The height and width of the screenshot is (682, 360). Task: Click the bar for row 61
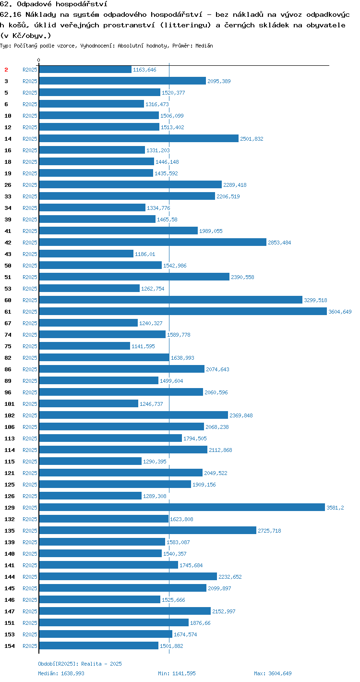(x=183, y=311)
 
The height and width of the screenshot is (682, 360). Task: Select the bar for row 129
(x=182, y=507)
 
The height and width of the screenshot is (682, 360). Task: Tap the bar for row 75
(x=84, y=346)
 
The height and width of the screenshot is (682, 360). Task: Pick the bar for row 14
(x=139, y=138)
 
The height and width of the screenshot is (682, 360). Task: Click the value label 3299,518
(x=315, y=300)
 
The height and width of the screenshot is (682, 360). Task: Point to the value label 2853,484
(x=279, y=243)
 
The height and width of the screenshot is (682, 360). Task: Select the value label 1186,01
(x=145, y=254)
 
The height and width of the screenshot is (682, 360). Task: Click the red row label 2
(x=6, y=70)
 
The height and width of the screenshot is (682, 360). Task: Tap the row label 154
(x=10, y=646)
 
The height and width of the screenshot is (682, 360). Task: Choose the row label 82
(x=8, y=358)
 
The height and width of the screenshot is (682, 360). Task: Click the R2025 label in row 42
(x=30, y=243)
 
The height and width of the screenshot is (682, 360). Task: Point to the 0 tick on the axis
(x=39, y=60)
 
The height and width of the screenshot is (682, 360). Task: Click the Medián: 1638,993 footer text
(x=61, y=673)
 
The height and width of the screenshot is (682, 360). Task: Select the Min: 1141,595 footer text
(x=177, y=673)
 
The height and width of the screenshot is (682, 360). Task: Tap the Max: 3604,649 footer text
(x=273, y=673)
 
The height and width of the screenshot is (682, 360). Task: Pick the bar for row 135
(x=147, y=530)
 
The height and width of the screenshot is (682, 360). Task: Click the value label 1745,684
(x=191, y=565)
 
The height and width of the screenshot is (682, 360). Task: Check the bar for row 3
(x=122, y=81)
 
